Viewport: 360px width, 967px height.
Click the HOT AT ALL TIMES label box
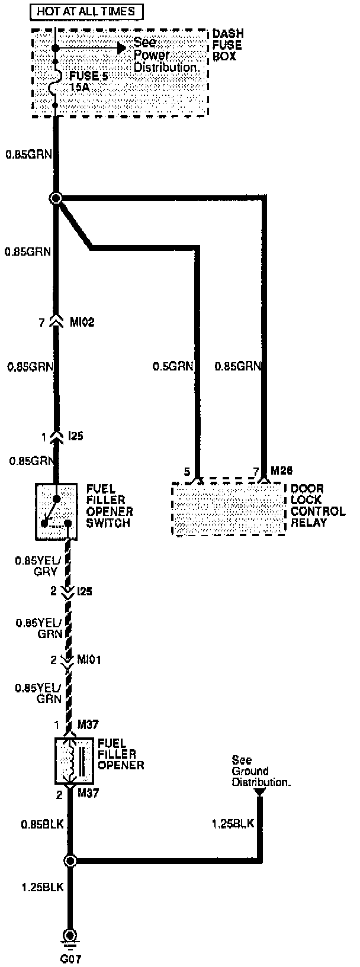tap(86, 11)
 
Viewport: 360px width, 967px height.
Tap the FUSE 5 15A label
tap(89, 80)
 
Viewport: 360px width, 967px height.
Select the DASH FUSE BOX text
tap(228, 46)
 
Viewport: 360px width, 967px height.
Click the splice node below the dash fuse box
tap(56, 198)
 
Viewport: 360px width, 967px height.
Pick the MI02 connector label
tap(81, 323)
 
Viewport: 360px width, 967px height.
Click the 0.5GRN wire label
tap(173, 367)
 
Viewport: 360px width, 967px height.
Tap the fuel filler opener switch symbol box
tap(56, 511)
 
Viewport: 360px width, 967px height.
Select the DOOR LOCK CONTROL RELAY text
tap(317, 505)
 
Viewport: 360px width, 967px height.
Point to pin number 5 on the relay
tap(187, 471)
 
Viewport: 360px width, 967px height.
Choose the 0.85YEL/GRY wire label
tap(37, 565)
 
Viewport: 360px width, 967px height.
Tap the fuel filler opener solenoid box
tap(70, 760)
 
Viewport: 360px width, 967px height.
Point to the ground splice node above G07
tap(70, 860)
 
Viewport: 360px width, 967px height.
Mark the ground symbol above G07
tap(70, 936)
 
